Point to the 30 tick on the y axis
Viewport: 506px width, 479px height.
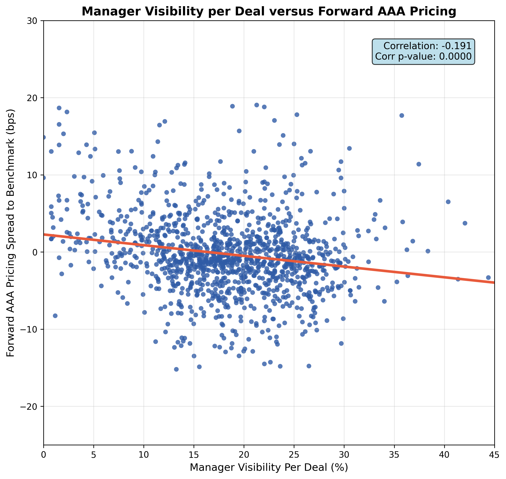(x=33, y=21)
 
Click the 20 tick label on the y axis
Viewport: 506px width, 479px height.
(x=33, y=98)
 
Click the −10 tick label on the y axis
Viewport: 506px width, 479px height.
(x=31, y=329)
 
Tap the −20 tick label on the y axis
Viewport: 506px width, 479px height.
(x=31, y=406)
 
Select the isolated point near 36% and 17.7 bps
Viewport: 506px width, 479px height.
(x=402, y=115)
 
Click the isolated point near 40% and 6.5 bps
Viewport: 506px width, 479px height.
(x=448, y=202)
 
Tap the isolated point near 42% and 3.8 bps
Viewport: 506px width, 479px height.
(x=465, y=223)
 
